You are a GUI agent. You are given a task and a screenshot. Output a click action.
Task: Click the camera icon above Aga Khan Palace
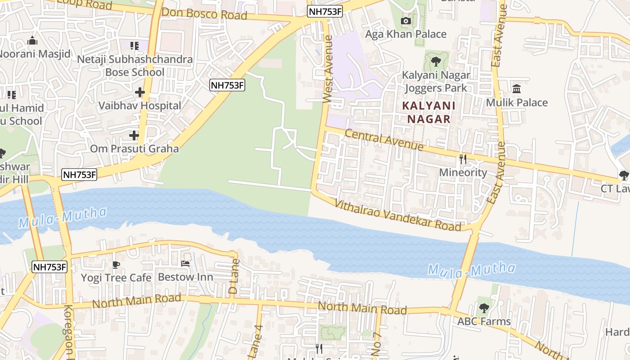coord(405,21)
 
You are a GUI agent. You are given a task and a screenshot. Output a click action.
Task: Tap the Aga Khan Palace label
coord(405,34)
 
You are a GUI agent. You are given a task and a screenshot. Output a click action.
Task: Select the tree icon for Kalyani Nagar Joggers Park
coord(436,62)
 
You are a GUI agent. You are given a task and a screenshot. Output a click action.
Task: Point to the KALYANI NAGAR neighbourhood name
coord(428,112)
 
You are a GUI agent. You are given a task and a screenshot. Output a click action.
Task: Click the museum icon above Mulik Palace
coord(517,89)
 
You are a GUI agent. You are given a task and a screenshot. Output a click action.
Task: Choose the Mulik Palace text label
coord(517,102)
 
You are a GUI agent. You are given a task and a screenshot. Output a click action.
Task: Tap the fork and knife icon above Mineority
coord(463,159)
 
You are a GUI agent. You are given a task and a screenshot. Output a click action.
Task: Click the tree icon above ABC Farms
coord(484,308)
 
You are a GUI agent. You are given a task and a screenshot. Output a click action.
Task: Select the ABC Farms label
coord(484,321)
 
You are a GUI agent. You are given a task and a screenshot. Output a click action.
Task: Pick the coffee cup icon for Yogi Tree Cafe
coord(116,264)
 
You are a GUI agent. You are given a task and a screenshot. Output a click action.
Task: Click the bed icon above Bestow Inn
coord(185,264)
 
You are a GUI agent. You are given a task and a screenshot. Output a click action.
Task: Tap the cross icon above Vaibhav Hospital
coord(139,92)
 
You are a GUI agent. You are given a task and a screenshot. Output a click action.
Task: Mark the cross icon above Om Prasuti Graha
coord(134,135)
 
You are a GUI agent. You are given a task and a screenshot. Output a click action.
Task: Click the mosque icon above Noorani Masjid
coord(32,41)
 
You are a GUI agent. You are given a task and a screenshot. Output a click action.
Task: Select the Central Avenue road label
coord(384,139)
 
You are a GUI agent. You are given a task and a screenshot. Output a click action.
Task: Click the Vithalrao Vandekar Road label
coord(398,215)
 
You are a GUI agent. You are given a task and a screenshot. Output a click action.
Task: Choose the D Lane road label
coord(234,276)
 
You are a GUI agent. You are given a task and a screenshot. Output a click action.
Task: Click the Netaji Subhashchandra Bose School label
coord(135,66)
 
